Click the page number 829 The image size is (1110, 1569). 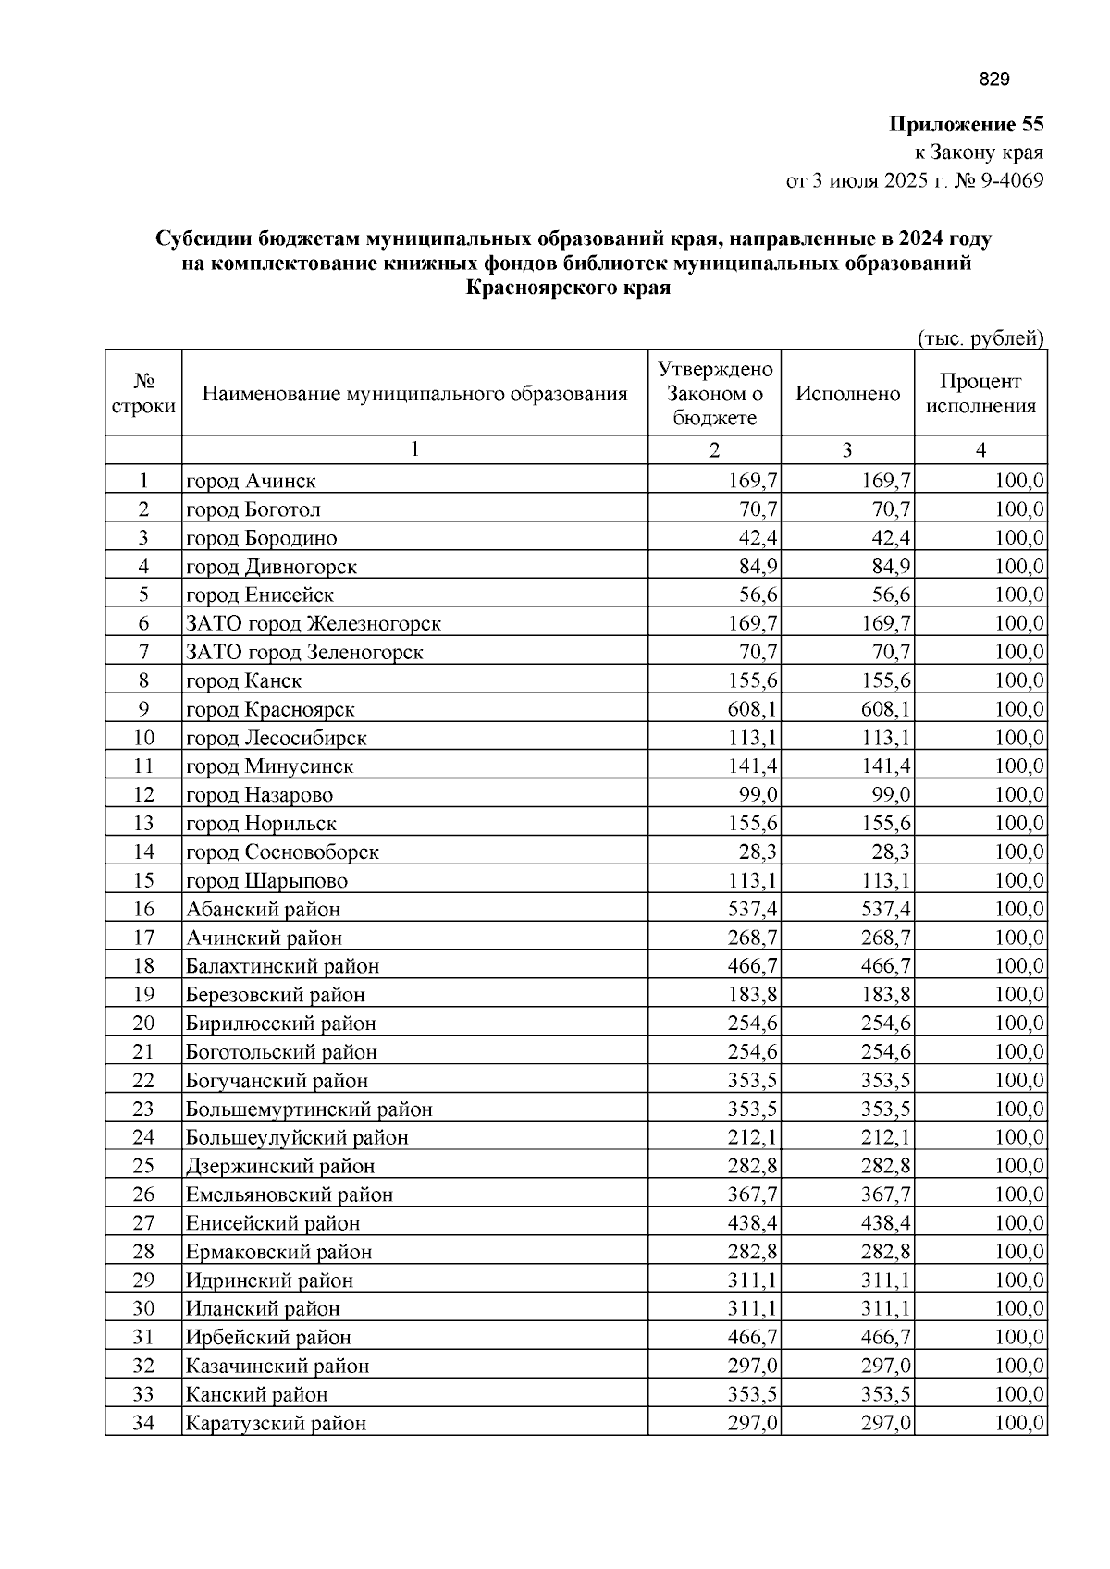(x=993, y=80)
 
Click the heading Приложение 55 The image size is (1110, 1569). (x=966, y=125)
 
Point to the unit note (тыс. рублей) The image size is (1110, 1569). (x=980, y=338)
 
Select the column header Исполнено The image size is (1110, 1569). (x=847, y=394)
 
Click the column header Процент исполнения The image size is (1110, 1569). (x=980, y=394)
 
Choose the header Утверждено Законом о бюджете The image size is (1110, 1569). (x=714, y=394)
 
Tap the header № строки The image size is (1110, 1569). (x=143, y=394)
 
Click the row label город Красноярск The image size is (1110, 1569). (x=270, y=710)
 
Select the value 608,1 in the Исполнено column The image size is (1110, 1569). (x=886, y=710)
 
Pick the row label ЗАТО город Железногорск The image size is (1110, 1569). (x=314, y=624)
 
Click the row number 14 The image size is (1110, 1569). (x=143, y=852)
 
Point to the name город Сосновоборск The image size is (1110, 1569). (x=282, y=852)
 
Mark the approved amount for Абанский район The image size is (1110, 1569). (x=752, y=910)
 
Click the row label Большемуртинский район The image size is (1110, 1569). (x=309, y=1109)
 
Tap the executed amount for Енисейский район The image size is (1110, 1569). (x=886, y=1224)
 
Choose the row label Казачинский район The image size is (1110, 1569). (x=277, y=1367)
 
